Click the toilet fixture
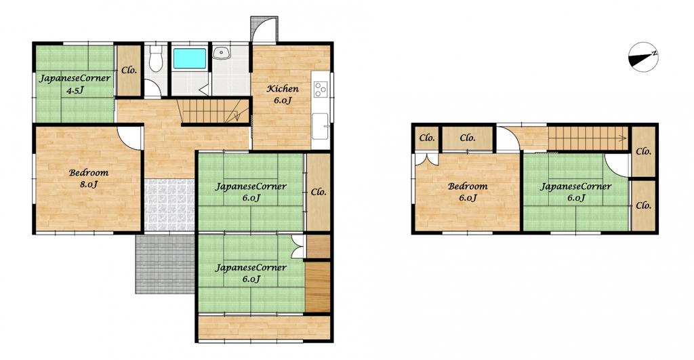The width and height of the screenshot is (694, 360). [x=155, y=59]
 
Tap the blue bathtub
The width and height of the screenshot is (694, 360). [x=190, y=58]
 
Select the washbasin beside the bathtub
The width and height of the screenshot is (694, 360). [x=221, y=53]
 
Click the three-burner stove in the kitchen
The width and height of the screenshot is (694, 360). [x=320, y=89]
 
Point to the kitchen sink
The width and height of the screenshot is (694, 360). [x=320, y=126]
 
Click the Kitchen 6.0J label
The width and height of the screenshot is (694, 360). [x=283, y=94]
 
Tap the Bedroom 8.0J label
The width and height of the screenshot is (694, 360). [x=89, y=178]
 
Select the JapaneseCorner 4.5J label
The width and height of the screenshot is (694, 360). [x=75, y=84]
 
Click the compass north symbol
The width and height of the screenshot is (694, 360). [x=642, y=57]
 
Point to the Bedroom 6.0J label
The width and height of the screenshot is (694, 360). [x=468, y=192]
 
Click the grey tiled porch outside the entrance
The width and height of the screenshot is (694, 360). [x=165, y=264]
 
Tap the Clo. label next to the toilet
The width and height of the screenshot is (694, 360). [x=129, y=70]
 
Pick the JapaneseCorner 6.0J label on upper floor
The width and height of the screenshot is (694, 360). [x=575, y=192]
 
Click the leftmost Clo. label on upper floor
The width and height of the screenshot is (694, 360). [x=427, y=138]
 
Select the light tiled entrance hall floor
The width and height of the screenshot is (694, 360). [x=169, y=205]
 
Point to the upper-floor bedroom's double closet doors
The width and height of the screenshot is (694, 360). [x=427, y=159]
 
